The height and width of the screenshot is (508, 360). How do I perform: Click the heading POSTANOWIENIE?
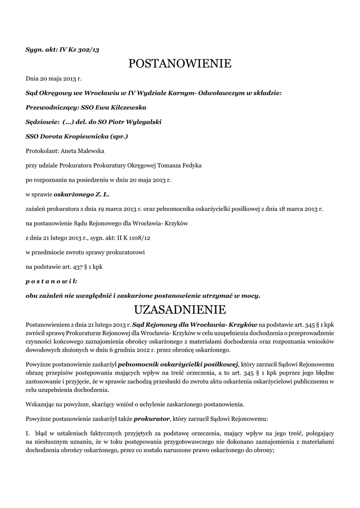point(180,63)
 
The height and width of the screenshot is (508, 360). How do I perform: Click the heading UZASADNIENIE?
point(180,310)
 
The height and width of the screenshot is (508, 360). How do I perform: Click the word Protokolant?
point(41,150)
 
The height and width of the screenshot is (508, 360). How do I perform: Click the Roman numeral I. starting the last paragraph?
point(28,433)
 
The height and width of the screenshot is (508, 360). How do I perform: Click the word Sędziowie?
point(42,121)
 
